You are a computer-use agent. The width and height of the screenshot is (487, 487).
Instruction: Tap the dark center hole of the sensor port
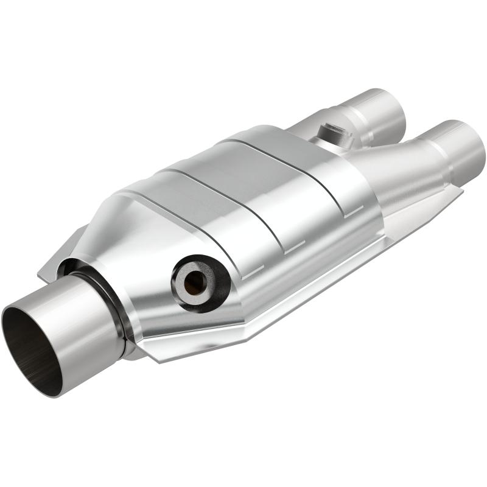[x=195, y=282]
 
